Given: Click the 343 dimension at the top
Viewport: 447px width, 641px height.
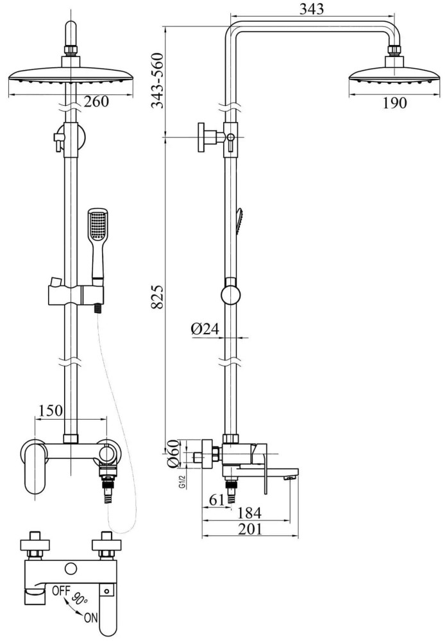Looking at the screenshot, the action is (311, 8).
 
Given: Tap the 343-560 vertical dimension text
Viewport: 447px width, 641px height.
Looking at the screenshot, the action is (157, 80).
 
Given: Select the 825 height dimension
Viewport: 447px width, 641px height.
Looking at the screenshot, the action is (157, 297).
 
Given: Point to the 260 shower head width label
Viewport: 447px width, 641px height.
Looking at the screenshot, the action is (96, 101).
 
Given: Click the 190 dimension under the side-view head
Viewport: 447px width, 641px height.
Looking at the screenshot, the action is (394, 103).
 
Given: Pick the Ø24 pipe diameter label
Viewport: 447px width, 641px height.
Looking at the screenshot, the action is (205, 329).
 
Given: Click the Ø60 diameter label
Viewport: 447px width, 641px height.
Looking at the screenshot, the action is (173, 453).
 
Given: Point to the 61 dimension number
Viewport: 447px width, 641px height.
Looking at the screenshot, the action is (217, 500).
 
